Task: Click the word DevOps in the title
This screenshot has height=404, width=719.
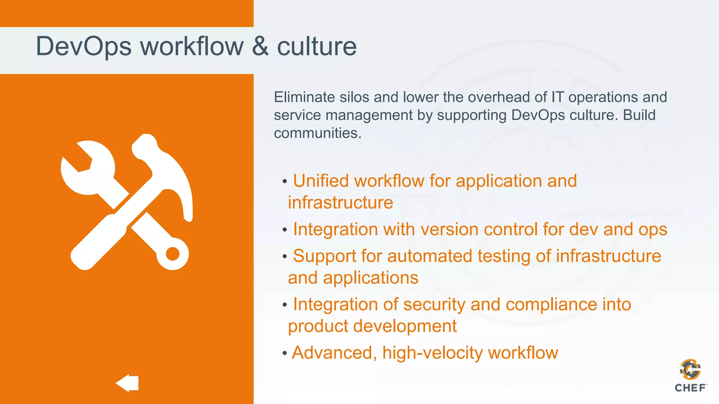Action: point(84,47)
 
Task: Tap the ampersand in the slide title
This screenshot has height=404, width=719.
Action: point(260,46)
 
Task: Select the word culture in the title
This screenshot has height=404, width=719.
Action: point(317,47)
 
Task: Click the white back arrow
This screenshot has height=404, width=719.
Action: point(127,383)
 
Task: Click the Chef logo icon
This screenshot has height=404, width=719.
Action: point(690,370)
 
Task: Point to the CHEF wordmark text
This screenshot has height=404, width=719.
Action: point(690,388)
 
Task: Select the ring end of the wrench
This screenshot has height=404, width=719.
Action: point(172,254)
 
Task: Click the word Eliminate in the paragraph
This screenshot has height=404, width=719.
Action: point(304,97)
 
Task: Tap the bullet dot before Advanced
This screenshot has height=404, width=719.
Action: point(285,353)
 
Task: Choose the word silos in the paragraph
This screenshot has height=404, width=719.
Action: point(354,97)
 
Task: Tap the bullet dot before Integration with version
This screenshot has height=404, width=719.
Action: point(285,230)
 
